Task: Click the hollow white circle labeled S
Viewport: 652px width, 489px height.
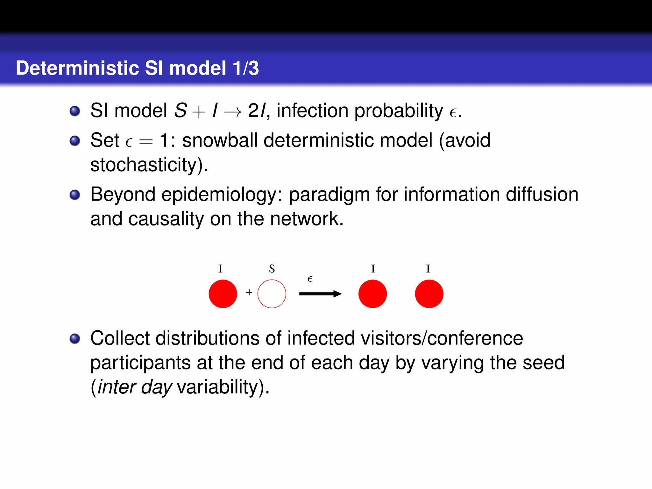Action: [272, 294]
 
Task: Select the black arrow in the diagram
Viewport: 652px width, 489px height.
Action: [320, 294]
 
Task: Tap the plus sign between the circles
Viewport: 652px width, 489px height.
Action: [249, 292]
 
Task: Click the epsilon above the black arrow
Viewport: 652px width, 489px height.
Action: [310, 279]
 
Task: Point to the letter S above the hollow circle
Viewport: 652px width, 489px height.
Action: [272, 269]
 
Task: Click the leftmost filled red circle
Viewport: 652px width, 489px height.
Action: [223, 294]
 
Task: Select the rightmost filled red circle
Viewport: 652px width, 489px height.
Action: [429, 294]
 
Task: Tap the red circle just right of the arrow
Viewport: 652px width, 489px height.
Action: [372, 294]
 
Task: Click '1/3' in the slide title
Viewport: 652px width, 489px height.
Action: [245, 68]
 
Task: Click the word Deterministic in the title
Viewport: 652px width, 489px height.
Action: [77, 68]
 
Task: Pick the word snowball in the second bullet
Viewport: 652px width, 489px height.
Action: [219, 140]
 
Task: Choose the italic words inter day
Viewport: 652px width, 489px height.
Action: [135, 387]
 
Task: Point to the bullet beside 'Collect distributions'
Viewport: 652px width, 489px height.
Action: [75, 338]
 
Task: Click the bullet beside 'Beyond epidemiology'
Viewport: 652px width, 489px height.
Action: [75, 195]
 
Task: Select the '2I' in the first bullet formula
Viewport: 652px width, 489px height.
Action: [257, 111]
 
